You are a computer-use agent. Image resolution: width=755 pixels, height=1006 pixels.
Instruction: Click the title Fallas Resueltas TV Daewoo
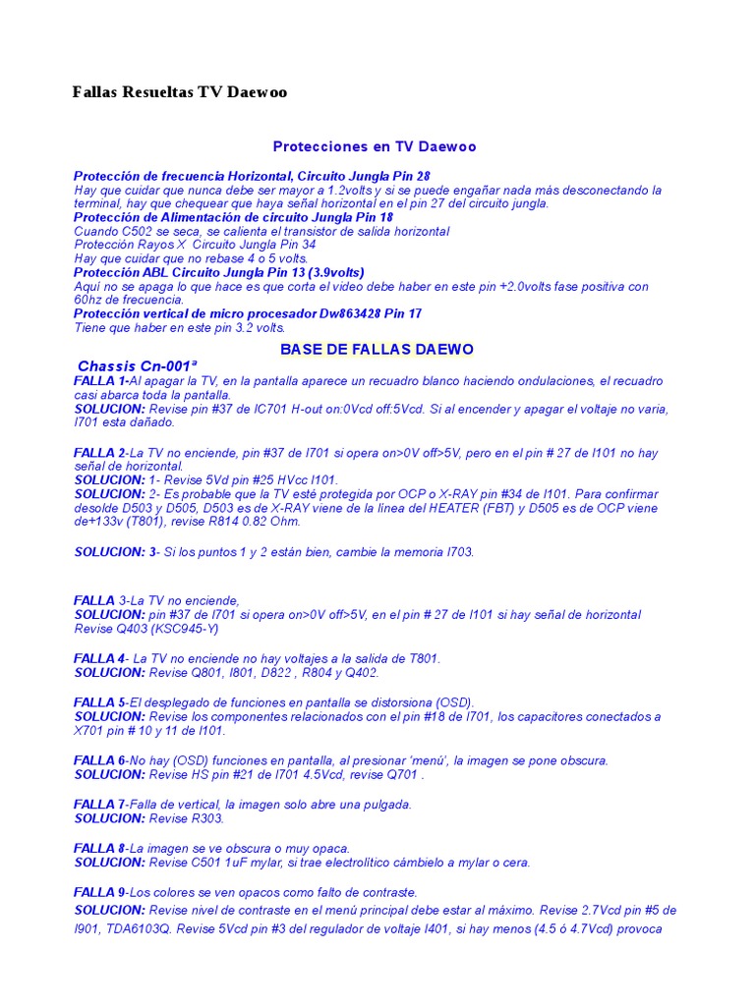pyautogui.click(x=180, y=92)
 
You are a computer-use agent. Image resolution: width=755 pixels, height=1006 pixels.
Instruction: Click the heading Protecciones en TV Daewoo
pyautogui.click(x=375, y=146)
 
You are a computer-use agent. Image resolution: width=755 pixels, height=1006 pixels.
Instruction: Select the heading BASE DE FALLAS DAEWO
pyautogui.click(x=377, y=349)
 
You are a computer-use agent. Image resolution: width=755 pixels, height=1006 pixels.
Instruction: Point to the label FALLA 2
pyautogui.click(x=99, y=453)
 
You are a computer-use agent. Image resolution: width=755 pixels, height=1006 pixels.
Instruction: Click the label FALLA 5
pyautogui.click(x=99, y=702)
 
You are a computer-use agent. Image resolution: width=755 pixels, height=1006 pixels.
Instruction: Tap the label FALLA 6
pyautogui.click(x=99, y=760)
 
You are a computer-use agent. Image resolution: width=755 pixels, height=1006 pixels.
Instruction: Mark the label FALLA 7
pyautogui.click(x=99, y=804)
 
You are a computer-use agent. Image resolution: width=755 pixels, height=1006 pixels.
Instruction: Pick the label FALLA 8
pyautogui.click(x=99, y=848)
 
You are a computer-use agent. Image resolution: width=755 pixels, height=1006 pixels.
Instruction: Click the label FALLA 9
pyautogui.click(x=99, y=892)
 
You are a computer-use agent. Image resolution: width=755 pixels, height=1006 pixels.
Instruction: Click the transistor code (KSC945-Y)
pyautogui.click(x=184, y=629)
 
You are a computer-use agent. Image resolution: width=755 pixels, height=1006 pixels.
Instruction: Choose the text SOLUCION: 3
pyautogui.click(x=116, y=552)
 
